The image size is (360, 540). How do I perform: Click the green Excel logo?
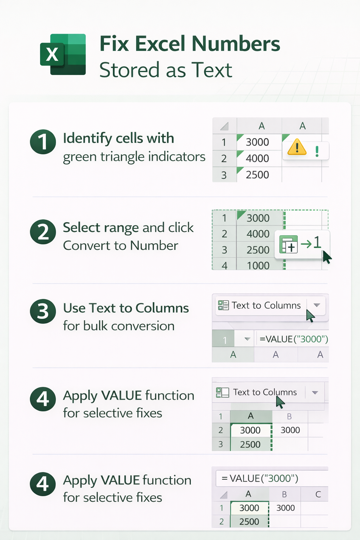click(x=63, y=54)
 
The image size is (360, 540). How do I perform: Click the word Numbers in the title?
click(x=236, y=44)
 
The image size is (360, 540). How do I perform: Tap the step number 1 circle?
click(x=43, y=142)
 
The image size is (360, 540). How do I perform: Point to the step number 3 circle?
click(x=43, y=311)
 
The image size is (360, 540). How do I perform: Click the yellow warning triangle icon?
click(x=297, y=147)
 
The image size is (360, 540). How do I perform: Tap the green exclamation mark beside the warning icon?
click(x=317, y=152)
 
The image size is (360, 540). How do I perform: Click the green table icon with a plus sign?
click(x=288, y=244)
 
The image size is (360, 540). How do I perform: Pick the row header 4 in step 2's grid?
click(x=224, y=265)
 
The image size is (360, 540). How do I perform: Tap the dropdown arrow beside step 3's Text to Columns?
click(x=317, y=305)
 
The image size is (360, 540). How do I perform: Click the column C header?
click(x=318, y=494)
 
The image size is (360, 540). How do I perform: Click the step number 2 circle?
click(x=43, y=232)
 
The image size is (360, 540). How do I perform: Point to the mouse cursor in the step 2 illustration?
click(x=327, y=257)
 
